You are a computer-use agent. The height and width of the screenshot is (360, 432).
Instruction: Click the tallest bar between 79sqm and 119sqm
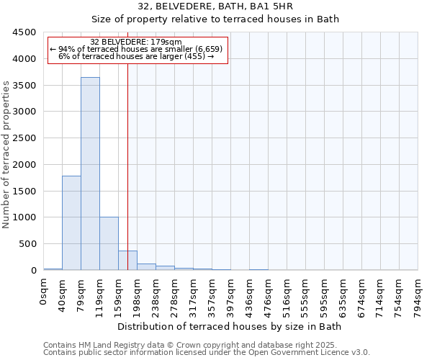(90, 174)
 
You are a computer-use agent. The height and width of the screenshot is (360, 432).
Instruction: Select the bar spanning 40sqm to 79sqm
(71, 223)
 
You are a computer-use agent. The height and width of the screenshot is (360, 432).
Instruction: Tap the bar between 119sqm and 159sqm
(109, 243)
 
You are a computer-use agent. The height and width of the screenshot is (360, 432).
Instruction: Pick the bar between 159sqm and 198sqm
(127, 261)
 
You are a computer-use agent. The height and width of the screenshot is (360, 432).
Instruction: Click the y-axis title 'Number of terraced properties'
(7, 155)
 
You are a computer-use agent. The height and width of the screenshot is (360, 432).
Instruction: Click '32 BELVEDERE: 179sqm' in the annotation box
(136, 42)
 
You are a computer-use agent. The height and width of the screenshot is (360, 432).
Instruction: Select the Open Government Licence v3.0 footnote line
(207, 352)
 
